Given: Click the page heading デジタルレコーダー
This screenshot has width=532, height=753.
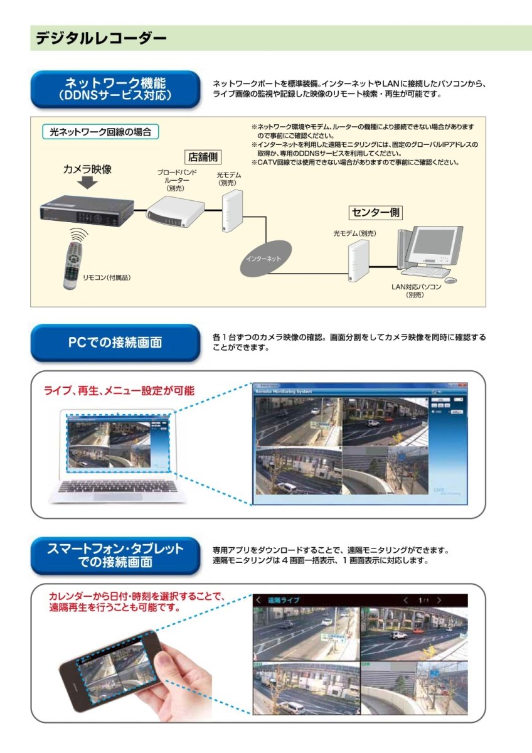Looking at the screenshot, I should (x=101, y=38).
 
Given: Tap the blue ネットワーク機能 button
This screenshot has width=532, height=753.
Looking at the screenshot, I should (x=115, y=89).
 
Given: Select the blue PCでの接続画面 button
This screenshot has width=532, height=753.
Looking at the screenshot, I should (x=115, y=343).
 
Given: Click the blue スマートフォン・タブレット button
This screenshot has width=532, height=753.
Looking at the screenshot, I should (x=115, y=555).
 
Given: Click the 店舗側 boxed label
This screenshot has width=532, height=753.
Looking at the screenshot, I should (x=203, y=157).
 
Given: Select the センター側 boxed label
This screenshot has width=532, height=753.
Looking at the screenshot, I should (x=376, y=212).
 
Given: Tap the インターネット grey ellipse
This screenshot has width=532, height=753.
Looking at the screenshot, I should (x=263, y=259).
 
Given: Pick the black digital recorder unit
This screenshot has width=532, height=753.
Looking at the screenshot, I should (x=87, y=210).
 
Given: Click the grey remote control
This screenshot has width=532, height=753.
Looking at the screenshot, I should (x=73, y=264).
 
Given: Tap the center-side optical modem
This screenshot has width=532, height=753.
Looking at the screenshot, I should (x=357, y=257).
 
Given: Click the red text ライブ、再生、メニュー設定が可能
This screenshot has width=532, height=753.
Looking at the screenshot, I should (x=119, y=390).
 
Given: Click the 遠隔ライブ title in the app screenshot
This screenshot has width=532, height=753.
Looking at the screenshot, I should (x=283, y=600).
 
